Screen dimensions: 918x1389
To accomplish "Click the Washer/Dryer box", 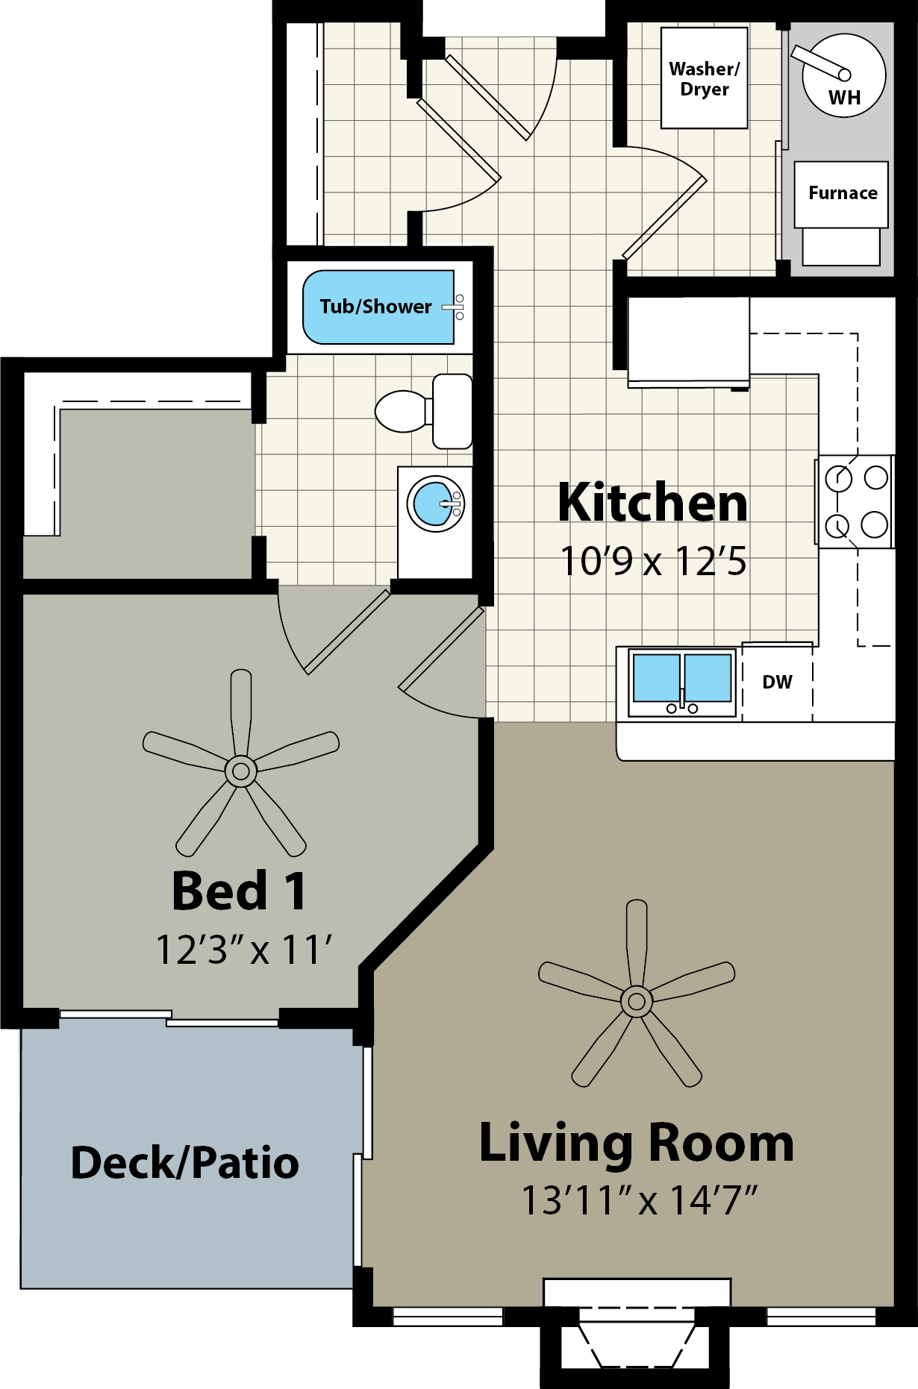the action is (705, 78).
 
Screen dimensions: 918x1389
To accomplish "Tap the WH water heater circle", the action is (844, 75).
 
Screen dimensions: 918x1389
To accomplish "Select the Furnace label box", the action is (841, 195).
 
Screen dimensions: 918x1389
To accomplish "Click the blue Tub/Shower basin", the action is (378, 307).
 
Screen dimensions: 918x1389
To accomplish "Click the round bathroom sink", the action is (436, 504).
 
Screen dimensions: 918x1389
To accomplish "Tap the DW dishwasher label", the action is (777, 682).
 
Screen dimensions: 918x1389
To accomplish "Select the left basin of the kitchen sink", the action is (657, 678).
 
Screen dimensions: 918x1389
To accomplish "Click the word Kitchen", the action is (653, 503).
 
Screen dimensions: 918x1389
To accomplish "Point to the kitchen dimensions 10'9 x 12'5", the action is (653, 562).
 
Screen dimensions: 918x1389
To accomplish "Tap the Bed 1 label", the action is (239, 891).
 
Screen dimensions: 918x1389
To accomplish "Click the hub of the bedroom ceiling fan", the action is (241, 771).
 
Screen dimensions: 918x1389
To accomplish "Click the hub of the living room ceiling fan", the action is (637, 1001).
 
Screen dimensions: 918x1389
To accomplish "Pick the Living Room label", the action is (637, 1144).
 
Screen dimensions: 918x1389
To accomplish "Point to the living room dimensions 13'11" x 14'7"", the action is (640, 1201).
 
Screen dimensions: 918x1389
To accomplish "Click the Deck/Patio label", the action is (184, 1163).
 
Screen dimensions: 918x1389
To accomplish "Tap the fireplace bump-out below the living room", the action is (636, 1343).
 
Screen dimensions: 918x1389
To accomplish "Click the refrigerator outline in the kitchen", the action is (688, 342).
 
